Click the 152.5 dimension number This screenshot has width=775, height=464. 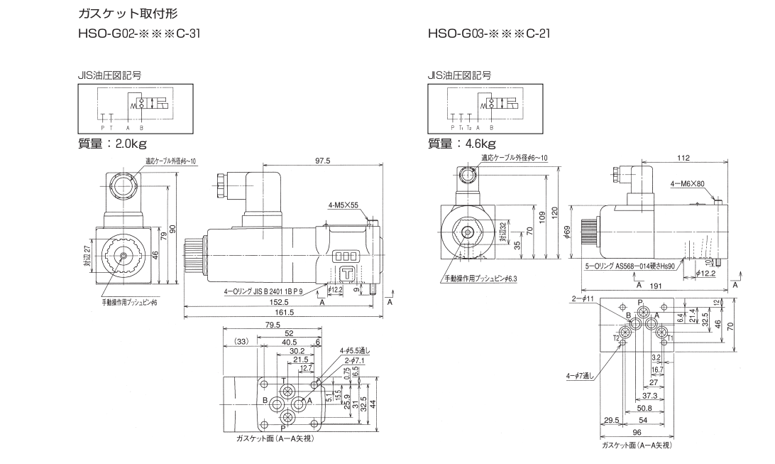pyautogui.click(x=278, y=302)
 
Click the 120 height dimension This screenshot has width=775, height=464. pyautogui.click(x=556, y=211)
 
